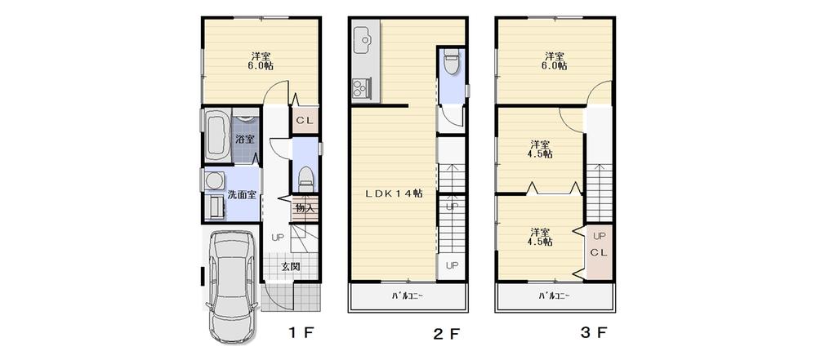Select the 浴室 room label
point(245,139)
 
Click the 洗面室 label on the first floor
point(243,194)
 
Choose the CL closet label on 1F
point(305,121)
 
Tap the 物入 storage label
point(305,208)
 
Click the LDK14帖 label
point(394,193)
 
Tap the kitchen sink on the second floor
point(363,38)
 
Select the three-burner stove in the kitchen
point(361,86)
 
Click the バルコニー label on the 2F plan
point(408,296)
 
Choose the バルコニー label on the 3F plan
point(554,296)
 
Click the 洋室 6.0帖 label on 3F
point(555,61)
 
